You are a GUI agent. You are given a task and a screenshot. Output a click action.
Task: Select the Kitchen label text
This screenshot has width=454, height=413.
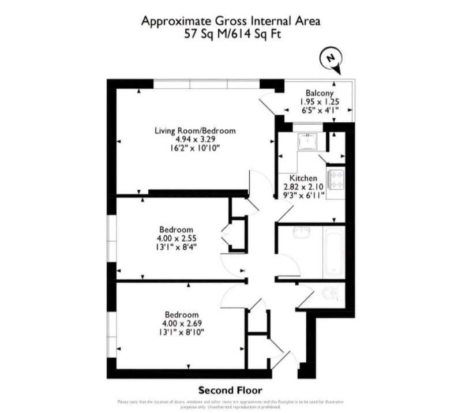pyautogui.click(x=303, y=178)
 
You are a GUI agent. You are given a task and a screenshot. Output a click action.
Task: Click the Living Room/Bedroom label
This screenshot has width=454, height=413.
pyautogui.click(x=195, y=131)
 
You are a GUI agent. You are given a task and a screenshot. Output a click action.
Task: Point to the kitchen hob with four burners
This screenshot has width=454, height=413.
pyautogui.click(x=336, y=178)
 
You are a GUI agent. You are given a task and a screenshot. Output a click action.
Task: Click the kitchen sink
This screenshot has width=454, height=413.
pyautogui.click(x=305, y=142)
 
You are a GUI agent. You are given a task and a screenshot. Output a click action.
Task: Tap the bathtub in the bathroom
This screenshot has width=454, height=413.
pyautogui.click(x=334, y=253)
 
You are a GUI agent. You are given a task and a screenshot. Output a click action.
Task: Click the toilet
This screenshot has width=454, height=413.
pyautogui.click(x=330, y=295)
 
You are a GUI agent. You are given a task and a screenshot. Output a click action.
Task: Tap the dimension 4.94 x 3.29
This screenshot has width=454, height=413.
pyautogui.click(x=195, y=140)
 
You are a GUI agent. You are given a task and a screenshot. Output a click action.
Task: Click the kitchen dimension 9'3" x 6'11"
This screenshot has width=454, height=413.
pyautogui.click(x=303, y=196)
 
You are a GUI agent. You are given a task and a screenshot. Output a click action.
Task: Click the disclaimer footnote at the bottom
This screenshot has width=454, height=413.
pyautogui.click(x=226, y=403)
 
